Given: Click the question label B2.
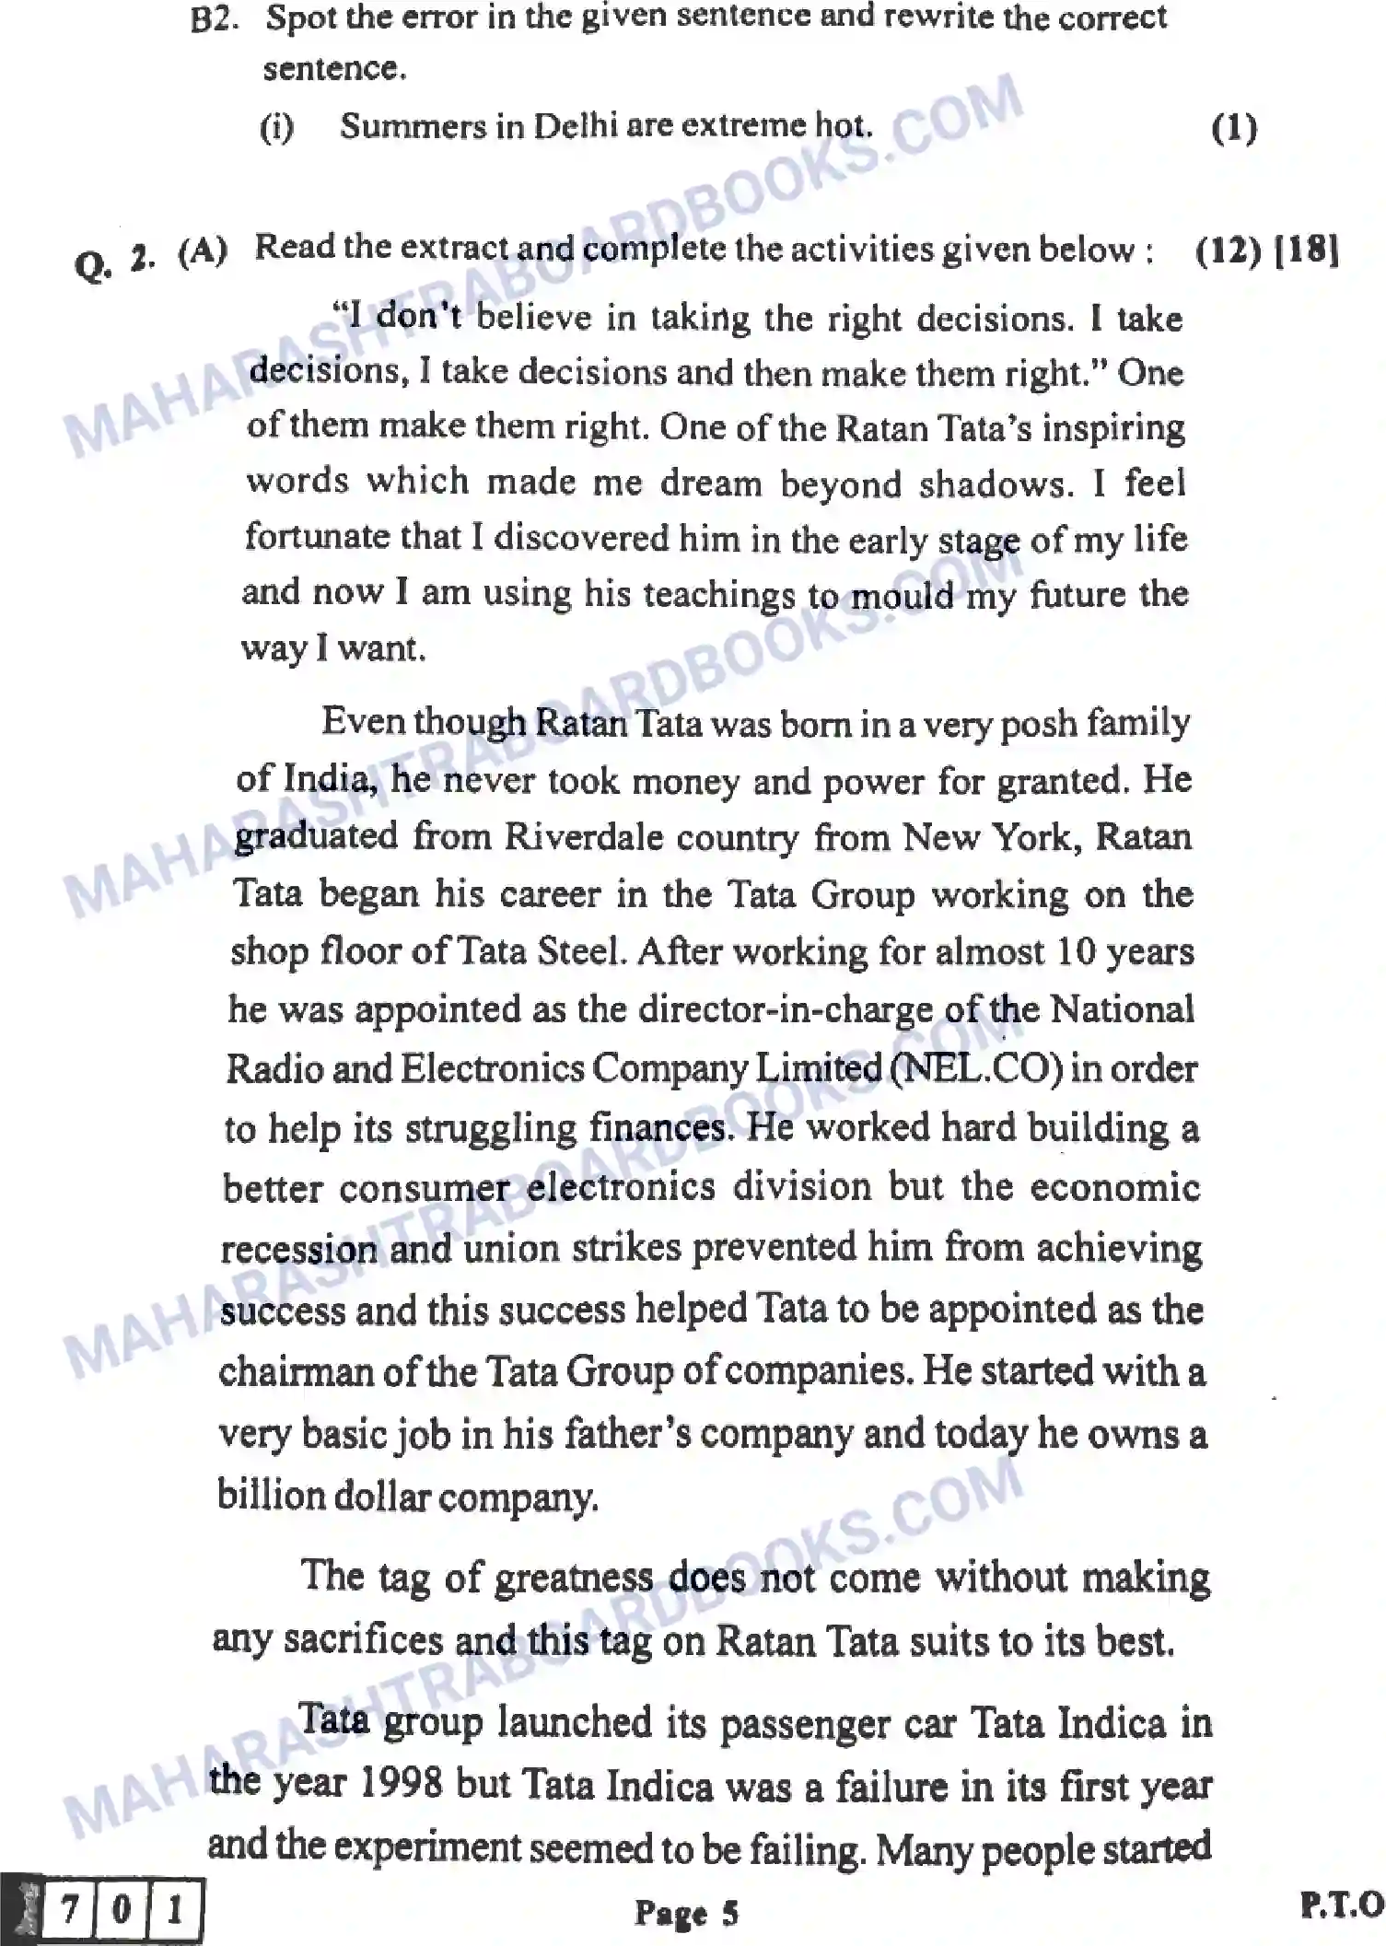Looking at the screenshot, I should pos(214,19).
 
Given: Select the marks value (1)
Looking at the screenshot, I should pos(1234,128).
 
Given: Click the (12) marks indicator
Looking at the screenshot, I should pos(1228,250).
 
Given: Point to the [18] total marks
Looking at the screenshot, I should pos(1307,250).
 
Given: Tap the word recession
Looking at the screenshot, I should pos(298,1249).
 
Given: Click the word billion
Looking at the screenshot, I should pos(270,1494).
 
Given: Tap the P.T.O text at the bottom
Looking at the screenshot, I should pos(1342,1904).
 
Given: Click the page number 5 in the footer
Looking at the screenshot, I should pos(729,1913).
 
